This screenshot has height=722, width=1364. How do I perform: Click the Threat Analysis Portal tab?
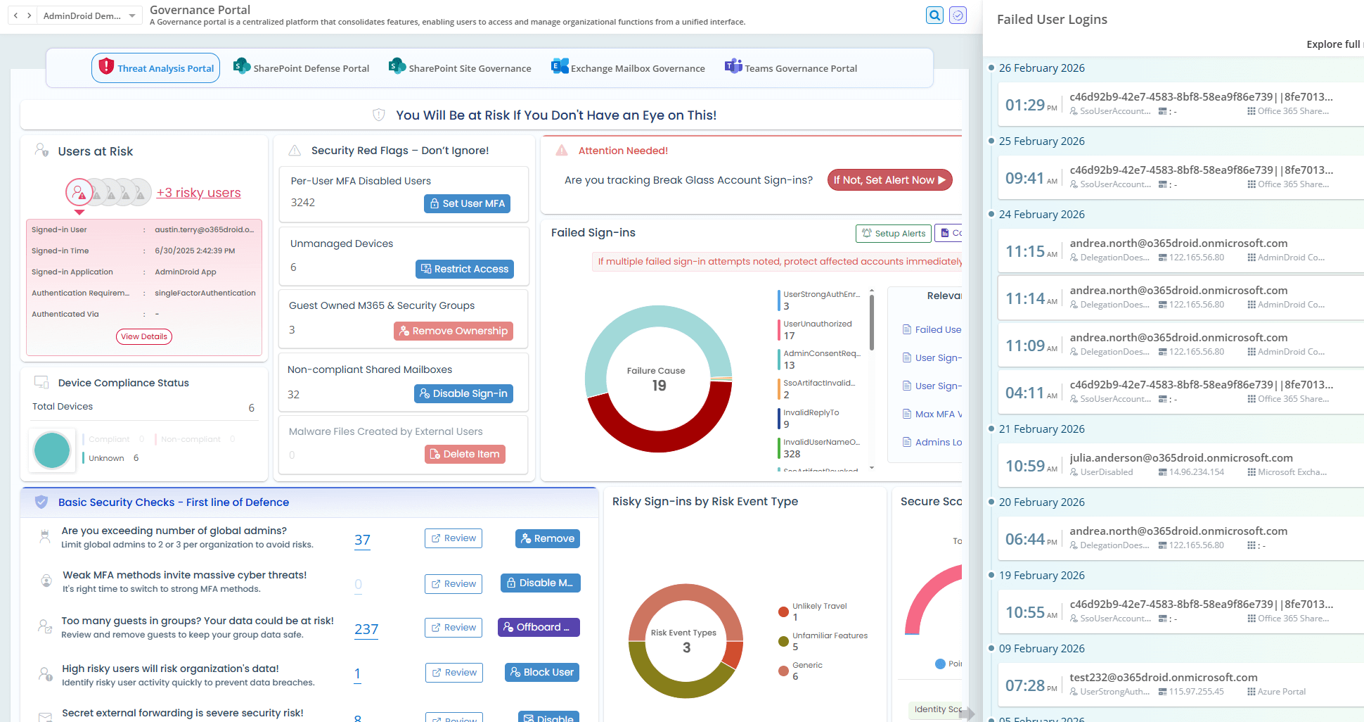pyautogui.click(x=156, y=68)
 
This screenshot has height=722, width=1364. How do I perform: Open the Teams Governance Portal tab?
pyautogui.click(x=791, y=68)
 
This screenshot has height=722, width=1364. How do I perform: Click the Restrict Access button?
pyautogui.click(x=464, y=269)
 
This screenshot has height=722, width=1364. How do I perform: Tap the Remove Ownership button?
pyautogui.click(x=453, y=331)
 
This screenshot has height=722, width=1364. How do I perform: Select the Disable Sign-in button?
pyautogui.click(x=463, y=393)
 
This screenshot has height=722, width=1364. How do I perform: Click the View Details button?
pyautogui.click(x=144, y=336)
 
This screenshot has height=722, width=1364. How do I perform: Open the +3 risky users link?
pyautogui.click(x=198, y=193)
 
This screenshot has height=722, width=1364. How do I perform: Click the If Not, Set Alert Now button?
pyautogui.click(x=889, y=180)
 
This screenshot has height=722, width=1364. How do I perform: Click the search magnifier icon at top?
pyautogui.click(x=934, y=15)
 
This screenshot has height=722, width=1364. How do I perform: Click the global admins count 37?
pyautogui.click(x=362, y=540)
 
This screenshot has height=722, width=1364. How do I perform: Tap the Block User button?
pyautogui.click(x=541, y=672)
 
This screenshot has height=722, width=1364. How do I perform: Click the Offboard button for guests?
pyautogui.click(x=539, y=627)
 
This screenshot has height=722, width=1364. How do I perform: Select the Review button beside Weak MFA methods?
pyautogui.click(x=453, y=583)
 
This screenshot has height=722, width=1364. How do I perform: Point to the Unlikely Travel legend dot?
pyautogui.click(x=783, y=612)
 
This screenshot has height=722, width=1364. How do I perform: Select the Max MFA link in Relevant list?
pyautogui.click(x=938, y=414)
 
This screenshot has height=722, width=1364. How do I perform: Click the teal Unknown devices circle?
pyautogui.click(x=52, y=450)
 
